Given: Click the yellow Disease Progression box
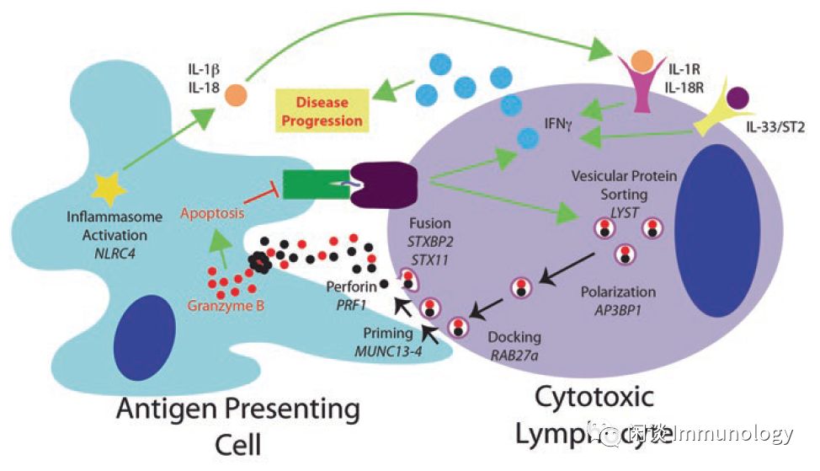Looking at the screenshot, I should (x=322, y=111).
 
